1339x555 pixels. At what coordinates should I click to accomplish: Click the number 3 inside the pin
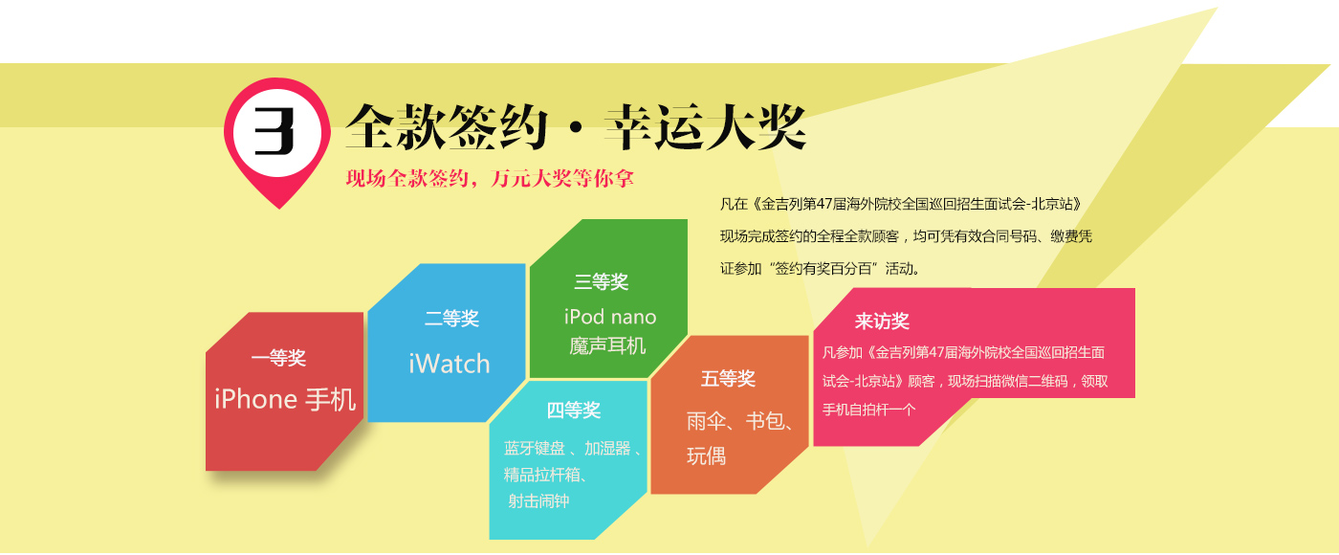[274, 132]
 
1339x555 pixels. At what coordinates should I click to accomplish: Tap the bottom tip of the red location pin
[279, 209]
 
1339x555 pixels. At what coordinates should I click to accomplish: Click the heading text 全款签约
[447, 126]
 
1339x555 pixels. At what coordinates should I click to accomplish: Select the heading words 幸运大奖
[706, 126]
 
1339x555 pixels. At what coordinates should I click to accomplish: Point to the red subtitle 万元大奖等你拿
[562, 178]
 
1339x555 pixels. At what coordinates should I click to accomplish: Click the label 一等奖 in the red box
[278, 358]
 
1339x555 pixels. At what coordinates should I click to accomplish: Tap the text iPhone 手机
[285, 399]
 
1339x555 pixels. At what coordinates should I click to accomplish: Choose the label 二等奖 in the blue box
[451, 318]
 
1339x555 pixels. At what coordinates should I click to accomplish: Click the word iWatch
[449, 364]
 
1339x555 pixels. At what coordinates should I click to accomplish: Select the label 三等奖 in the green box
[602, 281]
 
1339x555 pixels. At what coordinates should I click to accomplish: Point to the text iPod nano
[610, 317]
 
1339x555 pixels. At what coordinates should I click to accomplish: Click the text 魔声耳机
[607, 345]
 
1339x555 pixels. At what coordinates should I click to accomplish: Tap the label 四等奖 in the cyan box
[574, 411]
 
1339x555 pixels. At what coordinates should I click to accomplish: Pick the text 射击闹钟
[538, 500]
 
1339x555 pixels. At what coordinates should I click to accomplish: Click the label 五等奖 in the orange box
[729, 379]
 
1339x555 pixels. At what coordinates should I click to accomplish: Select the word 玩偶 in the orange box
[707, 456]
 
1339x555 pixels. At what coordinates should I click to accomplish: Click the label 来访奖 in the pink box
[882, 322]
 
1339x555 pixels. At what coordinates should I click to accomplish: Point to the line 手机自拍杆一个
[869, 410]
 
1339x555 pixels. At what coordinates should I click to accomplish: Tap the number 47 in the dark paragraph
[824, 204]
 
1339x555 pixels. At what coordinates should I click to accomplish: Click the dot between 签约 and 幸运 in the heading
[576, 128]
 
